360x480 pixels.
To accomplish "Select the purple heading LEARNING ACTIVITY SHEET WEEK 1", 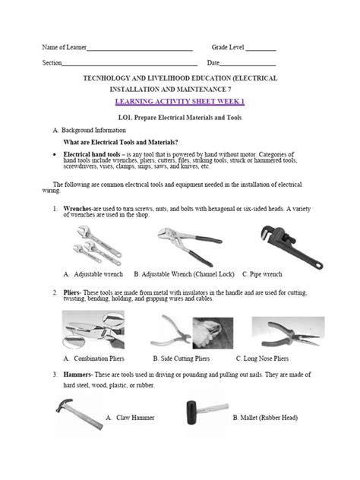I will coord(180,101).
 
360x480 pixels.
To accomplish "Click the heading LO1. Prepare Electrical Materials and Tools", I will coord(181,117).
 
